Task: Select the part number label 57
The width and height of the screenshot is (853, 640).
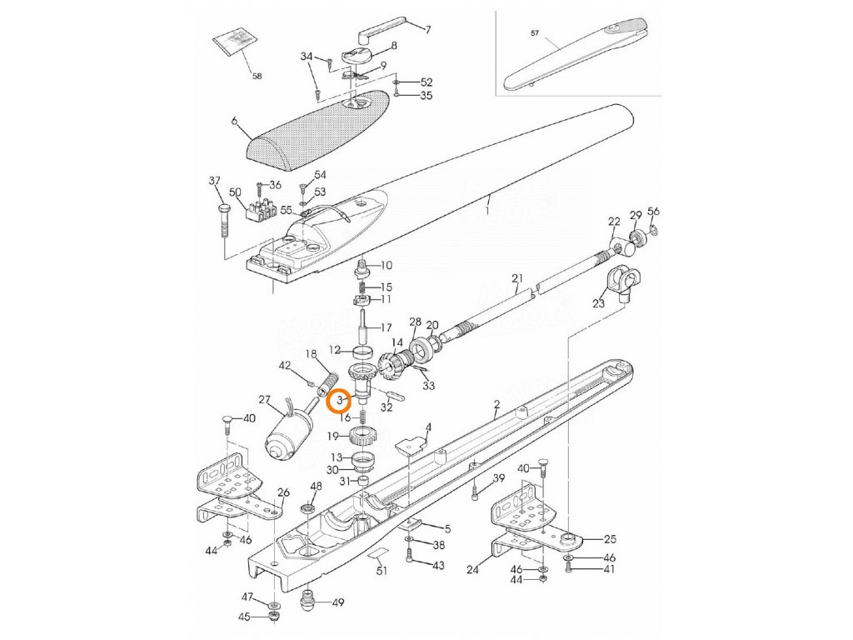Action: [535, 34]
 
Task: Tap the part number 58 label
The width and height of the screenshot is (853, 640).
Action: [257, 76]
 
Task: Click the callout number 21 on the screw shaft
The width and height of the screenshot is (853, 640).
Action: [516, 277]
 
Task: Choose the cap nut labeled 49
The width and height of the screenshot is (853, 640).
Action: [309, 600]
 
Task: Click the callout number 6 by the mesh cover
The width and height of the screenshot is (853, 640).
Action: [235, 122]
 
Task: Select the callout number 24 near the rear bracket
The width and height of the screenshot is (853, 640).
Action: [472, 571]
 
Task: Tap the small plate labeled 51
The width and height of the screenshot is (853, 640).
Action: [379, 553]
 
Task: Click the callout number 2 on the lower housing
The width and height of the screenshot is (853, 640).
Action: [496, 405]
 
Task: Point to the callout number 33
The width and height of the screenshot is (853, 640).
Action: [429, 385]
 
